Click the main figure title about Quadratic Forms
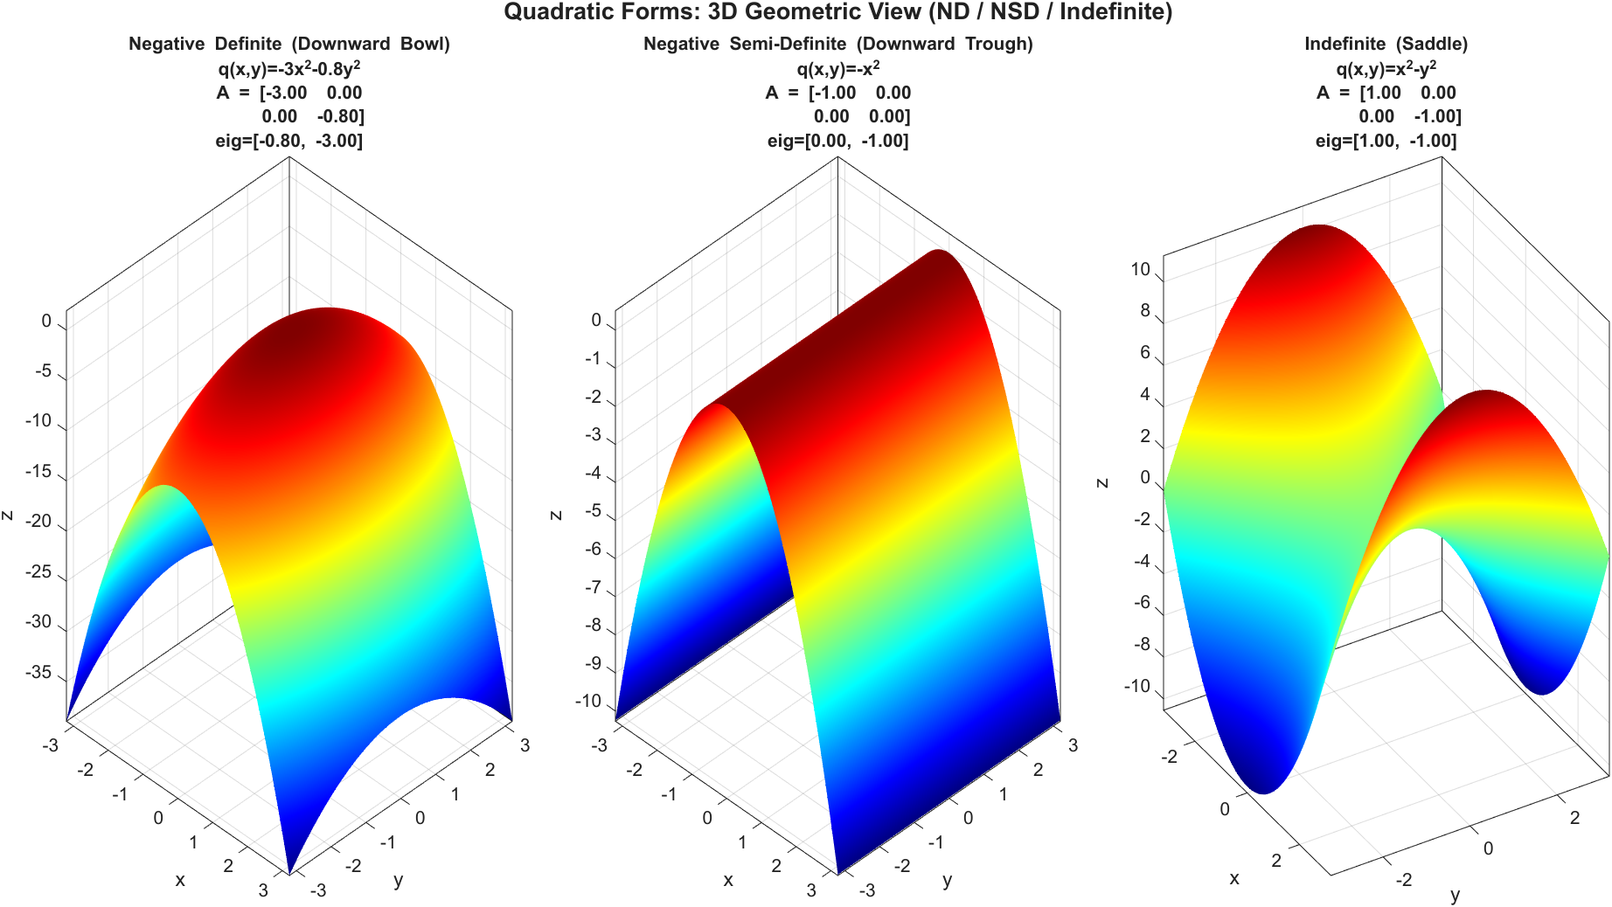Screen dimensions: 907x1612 click(x=837, y=12)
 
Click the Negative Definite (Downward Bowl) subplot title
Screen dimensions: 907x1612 click(x=289, y=44)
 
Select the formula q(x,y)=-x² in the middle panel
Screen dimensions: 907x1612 click(x=837, y=68)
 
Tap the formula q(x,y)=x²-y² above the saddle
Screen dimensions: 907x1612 click(x=1386, y=68)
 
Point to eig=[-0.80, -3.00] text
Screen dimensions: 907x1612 click(x=289, y=141)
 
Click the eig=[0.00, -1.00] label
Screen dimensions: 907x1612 click(x=837, y=141)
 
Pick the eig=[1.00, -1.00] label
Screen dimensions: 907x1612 click(x=1386, y=141)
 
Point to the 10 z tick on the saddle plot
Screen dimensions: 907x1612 click(x=1140, y=269)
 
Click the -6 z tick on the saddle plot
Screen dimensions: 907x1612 click(x=1142, y=603)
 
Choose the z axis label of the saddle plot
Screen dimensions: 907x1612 click(x=1102, y=482)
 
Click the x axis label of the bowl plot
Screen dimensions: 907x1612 click(x=180, y=881)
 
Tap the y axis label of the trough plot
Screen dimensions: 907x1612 click(x=948, y=881)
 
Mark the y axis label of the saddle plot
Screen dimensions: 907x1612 click(x=1456, y=895)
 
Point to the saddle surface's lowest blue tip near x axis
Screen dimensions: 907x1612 click(x=1263, y=786)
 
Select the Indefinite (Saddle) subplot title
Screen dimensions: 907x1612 click(x=1386, y=44)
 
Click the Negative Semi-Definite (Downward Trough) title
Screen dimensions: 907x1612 click(x=837, y=44)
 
